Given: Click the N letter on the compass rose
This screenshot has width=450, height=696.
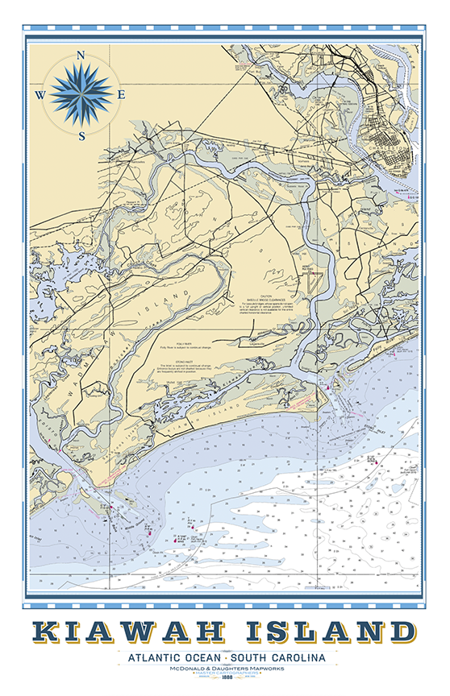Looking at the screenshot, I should click(x=81, y=55).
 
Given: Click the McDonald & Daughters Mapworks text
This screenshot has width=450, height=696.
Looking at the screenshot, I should click(x=225, y=671).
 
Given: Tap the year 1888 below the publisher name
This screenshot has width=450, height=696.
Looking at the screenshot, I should click(x=225, y=686).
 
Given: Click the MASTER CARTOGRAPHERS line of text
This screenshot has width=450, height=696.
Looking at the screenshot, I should click(x=225, y=678).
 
